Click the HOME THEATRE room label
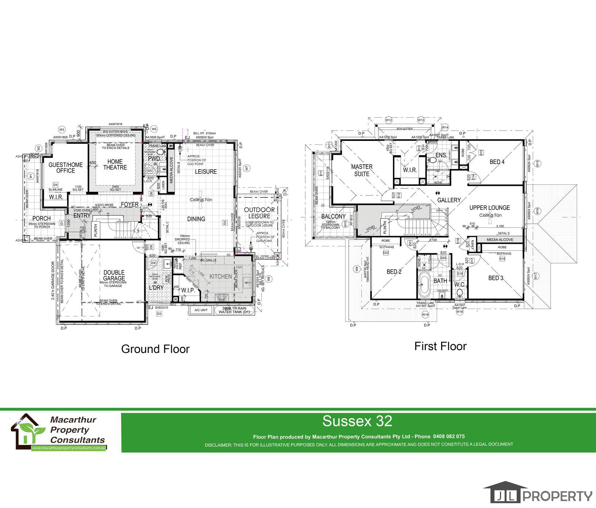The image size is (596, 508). pos(115,165)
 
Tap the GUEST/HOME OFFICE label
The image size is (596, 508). pos(66,168)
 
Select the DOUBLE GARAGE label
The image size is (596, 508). pos(114,275)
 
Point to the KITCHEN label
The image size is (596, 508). pos(221,277)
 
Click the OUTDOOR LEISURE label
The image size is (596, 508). pos(259,213)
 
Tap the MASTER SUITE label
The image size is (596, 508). pos(362,170)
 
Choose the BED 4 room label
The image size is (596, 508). pos(497,162)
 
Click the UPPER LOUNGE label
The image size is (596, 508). pos(489,208)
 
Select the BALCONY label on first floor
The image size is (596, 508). pos(333,217)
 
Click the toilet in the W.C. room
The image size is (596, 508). pos(460,293)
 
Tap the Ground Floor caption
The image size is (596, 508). pos(155,349)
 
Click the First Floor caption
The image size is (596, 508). pos(440,346)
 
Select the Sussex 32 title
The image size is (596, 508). pos(357,421)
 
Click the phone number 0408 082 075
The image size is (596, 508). pos(449,436)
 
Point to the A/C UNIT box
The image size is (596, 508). pos(201,310)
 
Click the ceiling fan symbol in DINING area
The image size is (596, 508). pos(200,200)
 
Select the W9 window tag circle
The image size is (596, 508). pos(356,269)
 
